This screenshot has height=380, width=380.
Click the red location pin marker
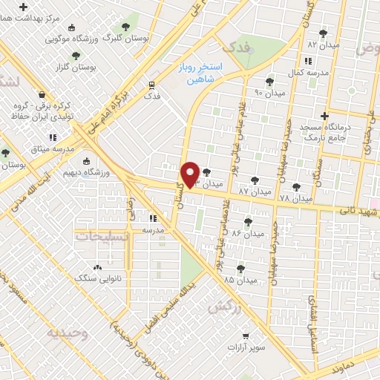191,174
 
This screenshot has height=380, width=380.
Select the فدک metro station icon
151,85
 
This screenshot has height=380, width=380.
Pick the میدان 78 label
296,198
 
